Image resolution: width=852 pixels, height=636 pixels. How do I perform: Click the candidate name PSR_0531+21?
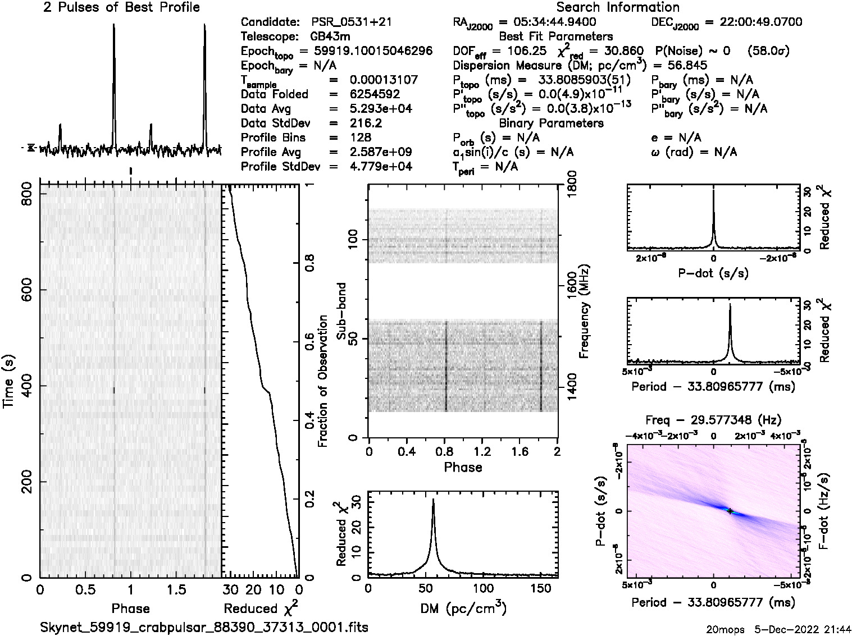pos(351,22)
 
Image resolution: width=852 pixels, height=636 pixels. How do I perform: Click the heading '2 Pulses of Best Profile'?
pos(121,7)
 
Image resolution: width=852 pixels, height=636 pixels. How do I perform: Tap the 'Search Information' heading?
pos(617,7)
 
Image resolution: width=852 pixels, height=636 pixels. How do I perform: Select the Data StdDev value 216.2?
pos(366,123)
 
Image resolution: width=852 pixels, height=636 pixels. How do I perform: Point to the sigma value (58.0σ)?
pos(769,51)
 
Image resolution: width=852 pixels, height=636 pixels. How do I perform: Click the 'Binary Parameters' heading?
pos(551,123)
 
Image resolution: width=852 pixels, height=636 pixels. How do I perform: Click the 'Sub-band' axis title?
pos(343,312)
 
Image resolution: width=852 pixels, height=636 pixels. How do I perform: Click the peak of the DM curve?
pos(433,500)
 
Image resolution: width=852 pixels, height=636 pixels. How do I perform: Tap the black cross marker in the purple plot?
pos(730,511)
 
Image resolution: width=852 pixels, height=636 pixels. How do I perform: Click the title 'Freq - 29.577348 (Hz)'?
pos(713,420)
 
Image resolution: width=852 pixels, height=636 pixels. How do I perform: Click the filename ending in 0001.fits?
pos(204,627)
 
